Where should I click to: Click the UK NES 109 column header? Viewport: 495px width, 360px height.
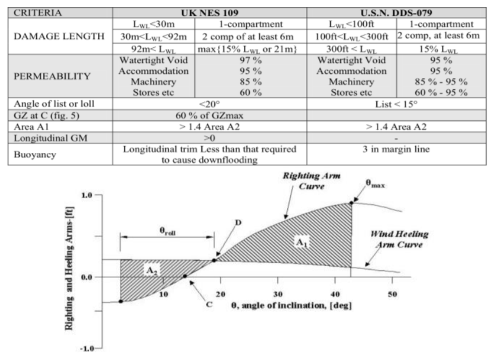coord(210,13)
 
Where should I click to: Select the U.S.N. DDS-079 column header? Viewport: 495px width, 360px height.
coord(396,13)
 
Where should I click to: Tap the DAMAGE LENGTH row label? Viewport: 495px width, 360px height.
coord(59,36)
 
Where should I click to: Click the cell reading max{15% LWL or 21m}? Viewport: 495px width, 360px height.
coord(247,49)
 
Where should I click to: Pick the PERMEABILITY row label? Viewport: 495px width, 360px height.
coord(52,76)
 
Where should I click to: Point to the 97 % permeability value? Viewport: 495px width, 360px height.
coord(250,60)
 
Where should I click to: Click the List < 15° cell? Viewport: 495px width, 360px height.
coord(396,104)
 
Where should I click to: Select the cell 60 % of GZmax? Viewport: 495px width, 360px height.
coord(209,116)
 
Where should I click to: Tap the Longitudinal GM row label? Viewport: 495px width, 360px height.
coord(51,138)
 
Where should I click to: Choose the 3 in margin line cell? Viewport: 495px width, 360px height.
coord(396,149)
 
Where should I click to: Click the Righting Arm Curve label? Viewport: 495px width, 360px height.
coord(311,181)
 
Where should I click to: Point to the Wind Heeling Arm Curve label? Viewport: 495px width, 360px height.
coord(399,239)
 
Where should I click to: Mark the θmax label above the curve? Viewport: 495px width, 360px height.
coord(375,184)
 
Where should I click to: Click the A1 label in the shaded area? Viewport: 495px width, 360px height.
coord(302,243)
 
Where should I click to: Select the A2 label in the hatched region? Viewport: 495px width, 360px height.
coord(152,270)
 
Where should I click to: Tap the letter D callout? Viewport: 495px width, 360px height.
coord(238,222)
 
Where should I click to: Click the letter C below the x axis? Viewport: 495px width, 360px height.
coord(209,305)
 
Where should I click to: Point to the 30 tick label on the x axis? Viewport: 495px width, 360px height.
coord(278,294)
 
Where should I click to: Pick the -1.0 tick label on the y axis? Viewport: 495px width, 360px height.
coord(87,349)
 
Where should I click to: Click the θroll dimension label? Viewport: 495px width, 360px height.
coord(167,231)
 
